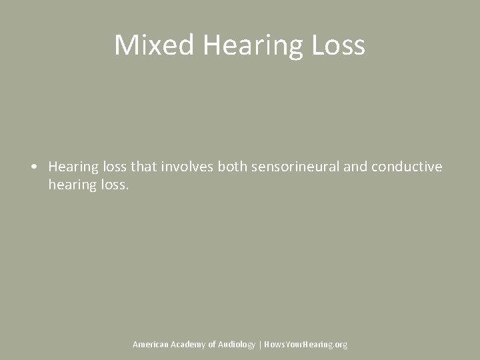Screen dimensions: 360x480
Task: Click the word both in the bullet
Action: point(233,167)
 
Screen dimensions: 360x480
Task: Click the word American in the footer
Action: point(151,344)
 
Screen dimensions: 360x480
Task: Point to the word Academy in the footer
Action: point(189,344)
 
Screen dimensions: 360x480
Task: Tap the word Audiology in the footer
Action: point(237,344)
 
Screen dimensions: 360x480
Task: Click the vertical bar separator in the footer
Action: point(260,344)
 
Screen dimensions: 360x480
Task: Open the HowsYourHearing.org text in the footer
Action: point(305,344)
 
